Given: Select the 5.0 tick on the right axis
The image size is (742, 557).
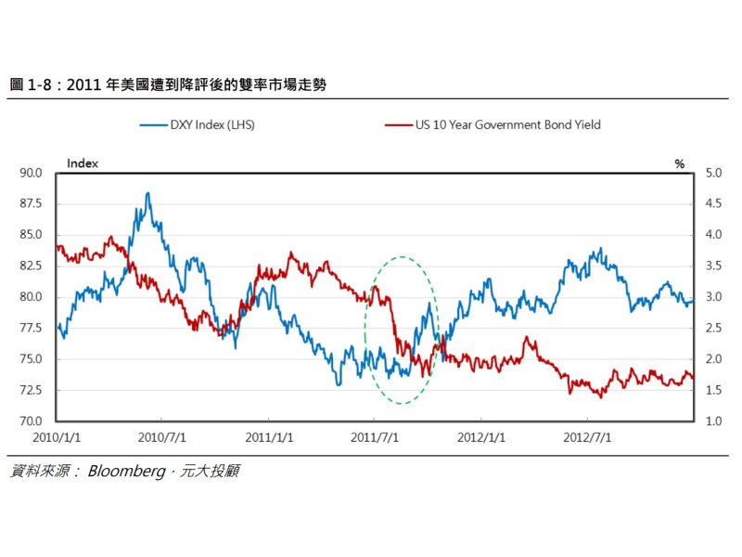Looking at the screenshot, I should point(713,173).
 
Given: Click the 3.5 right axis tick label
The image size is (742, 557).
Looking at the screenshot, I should point(713,266).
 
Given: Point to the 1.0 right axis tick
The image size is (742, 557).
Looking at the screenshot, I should point(713,421).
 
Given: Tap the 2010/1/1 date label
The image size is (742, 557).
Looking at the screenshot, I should point(58,435).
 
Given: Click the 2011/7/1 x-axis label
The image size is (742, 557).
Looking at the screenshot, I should point(374,435).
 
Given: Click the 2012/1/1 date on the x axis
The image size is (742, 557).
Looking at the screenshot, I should point(481,435).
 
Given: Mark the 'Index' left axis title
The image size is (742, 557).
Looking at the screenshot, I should point(83,163).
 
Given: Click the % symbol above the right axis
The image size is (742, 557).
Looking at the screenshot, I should point(679,163).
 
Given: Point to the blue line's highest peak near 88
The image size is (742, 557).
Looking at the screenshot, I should point(147,194).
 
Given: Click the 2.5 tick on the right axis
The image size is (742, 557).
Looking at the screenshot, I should point(713,329).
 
